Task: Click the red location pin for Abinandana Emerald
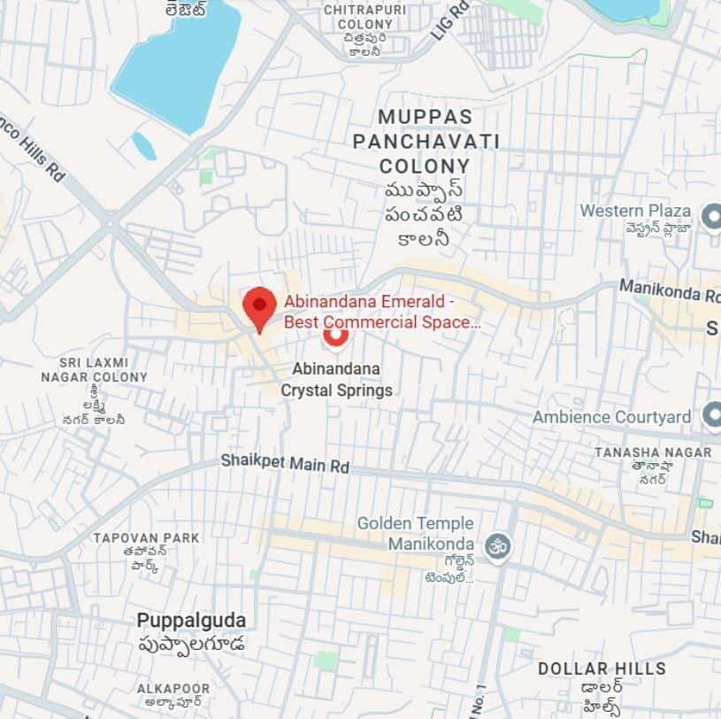click(x=259, y=306)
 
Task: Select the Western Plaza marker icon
click(x=711, y=215)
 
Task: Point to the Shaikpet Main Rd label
click(x=285, y=462)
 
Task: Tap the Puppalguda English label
click(x=191, y=619)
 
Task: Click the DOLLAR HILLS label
click(x=602, y=668)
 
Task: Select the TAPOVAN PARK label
click(x=146, y=537)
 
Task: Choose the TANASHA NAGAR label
click(x=653, y=452)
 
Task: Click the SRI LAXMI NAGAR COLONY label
click(x=95, y=370)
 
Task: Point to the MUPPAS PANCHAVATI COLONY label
click(x=426, y=141)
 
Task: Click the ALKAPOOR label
click(x=173, y=688)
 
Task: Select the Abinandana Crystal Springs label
click(x=337, y=379)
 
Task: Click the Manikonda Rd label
click(x=669, y=289)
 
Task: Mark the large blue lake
click(x=178, y=62)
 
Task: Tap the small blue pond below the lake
click(x=143, y=146)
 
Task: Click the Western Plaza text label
click(x=635, y=211)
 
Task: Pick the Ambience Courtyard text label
click(x=611, y=416)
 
